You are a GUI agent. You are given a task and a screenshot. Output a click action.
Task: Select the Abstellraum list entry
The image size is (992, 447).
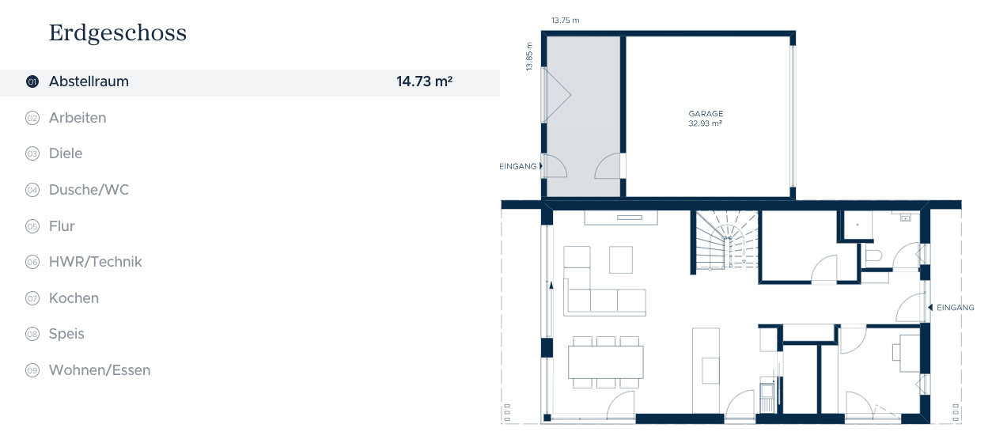pos(89,81)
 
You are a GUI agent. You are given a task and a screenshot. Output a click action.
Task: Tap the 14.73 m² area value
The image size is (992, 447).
pos(424,81)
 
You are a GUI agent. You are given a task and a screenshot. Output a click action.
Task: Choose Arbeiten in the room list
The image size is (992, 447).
pos(78,118)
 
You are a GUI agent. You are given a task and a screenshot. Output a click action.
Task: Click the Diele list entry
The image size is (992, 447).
pos(66,153)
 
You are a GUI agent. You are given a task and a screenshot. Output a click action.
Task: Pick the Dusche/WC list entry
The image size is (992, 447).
pos(89,190)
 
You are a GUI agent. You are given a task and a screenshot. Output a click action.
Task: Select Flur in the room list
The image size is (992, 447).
pos(62,226)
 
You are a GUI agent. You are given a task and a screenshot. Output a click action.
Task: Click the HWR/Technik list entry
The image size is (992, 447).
pos(95,262)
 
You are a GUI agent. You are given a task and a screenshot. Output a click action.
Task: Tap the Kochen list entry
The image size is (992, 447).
pos(74,298)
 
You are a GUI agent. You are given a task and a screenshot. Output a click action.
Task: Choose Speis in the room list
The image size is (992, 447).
pos(66,334)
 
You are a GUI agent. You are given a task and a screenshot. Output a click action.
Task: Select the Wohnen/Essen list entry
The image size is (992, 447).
pos(100,370)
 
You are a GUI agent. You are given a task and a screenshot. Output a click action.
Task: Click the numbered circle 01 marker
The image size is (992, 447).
pos(32,81)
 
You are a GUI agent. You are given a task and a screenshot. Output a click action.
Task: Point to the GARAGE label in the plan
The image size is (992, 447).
pos(706,114)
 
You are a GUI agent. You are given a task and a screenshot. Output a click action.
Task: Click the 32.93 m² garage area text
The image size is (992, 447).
pos(705,123)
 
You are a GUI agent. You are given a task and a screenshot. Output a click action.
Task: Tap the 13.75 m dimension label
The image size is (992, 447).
pos(565,21)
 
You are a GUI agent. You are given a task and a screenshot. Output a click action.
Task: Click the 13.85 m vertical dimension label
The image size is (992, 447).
pos(529,56)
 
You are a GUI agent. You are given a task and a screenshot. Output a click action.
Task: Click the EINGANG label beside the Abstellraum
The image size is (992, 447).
pos(517,167)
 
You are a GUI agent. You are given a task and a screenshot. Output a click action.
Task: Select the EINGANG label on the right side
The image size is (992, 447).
pos(956,308)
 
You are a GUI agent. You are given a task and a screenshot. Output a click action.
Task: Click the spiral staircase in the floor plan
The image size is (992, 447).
pos(726,240)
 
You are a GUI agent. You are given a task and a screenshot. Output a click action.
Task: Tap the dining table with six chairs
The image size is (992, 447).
pos(606,362)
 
